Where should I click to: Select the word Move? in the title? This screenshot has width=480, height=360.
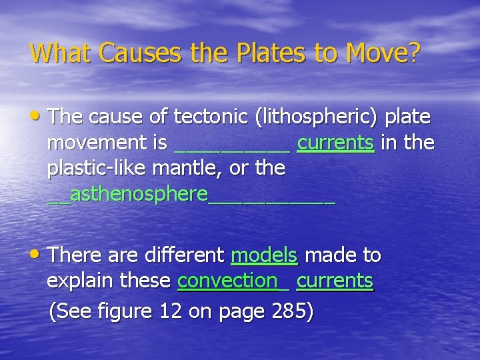click(381, 52)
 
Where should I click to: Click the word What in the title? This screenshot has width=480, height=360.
click(55, 52)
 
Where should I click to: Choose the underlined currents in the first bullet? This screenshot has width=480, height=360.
click(336, 143)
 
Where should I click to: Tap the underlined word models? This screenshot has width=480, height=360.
click(264, 255)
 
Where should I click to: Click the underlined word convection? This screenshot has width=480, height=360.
click(227, 281)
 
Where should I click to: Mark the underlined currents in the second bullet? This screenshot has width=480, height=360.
click(335, 281)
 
